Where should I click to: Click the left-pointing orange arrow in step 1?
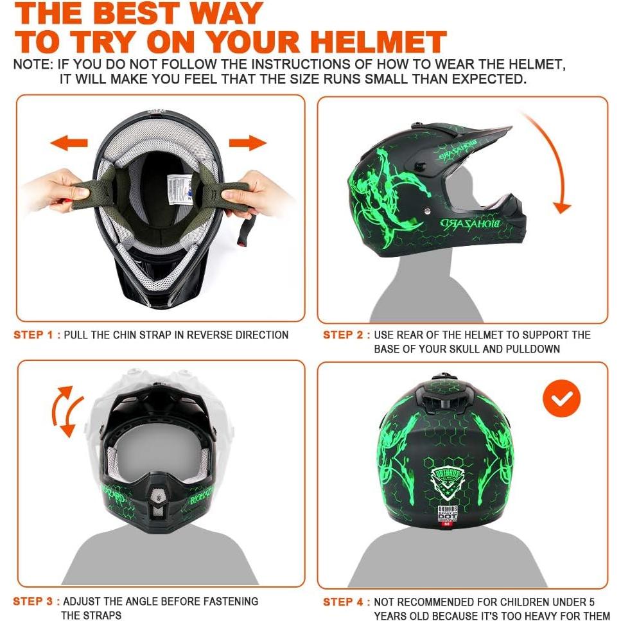pyautogui.click(x=69, y=143)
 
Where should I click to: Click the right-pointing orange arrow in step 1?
pyautogui.click(x=248, y=143)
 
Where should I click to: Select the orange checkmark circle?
pyautogui.click(x=561, y=399)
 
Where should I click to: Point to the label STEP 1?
pyautogui.click(x=37, y=335)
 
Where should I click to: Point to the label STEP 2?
pyautogui.click(x=346, y=335)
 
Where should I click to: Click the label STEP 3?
pyautogui.click(x=37, y=602)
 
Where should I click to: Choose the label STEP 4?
pyautogui.click(x=346, y=602)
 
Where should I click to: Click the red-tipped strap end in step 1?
pyautogui.click(x=243, y=241)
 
